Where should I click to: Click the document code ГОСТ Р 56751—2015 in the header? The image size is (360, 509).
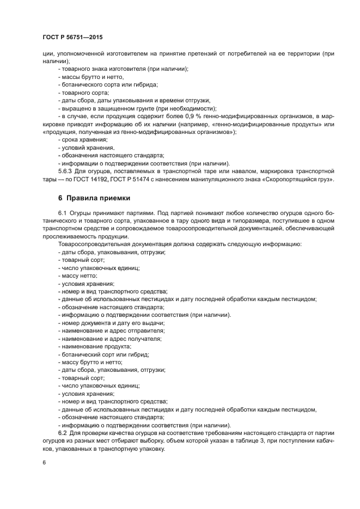72,37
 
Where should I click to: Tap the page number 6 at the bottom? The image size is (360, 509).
44,462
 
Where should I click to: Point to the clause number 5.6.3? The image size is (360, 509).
66,171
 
